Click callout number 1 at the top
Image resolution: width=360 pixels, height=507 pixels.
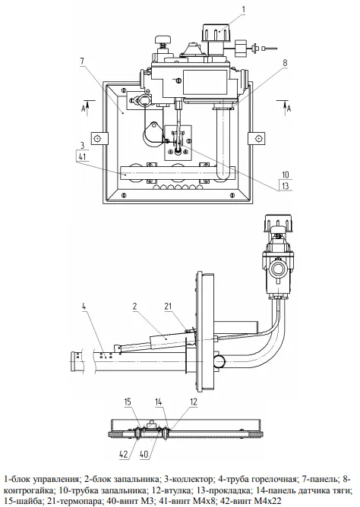244,9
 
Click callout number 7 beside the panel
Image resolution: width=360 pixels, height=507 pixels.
82,60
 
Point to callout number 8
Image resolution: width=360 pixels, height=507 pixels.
285,63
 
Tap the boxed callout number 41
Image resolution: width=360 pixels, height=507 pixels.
82,156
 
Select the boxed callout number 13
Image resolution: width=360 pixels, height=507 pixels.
286,186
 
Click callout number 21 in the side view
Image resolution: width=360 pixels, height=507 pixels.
168,306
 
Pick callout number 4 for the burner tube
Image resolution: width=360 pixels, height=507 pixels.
84,306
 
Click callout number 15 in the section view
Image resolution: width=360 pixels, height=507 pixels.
128,402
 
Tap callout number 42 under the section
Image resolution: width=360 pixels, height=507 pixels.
124,454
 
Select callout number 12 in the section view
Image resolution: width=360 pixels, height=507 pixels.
194,402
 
